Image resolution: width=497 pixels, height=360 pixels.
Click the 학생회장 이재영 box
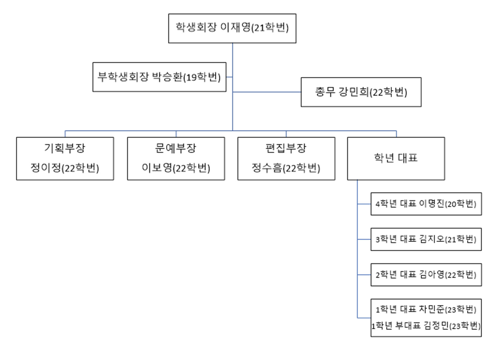coord(232,28)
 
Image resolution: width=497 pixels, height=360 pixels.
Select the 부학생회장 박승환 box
coord(159,77)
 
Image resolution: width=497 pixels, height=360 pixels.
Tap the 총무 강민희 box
coord(361,92)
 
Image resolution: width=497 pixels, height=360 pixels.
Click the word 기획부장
coord(65,148)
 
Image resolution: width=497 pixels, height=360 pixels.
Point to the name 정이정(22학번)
coord(65,168)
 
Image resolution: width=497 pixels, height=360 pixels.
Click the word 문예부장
coord(176,148)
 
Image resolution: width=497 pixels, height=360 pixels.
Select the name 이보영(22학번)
coord(176,168)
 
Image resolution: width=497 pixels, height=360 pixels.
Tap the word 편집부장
coord(286,148)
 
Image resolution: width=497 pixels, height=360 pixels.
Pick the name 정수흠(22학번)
coord(286,168)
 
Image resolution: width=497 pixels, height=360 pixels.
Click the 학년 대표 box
coord(396,158)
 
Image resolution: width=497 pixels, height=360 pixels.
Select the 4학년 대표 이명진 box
coord(426,204)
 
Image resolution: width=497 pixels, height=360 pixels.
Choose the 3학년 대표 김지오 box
coord(426,239)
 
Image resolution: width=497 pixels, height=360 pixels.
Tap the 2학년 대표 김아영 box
coord(426,275)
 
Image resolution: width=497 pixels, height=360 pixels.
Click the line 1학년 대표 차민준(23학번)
coord(426,309)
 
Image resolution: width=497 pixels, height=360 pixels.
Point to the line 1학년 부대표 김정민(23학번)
coord(426,326)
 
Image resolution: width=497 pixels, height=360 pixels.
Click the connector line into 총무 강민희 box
coord(267,92)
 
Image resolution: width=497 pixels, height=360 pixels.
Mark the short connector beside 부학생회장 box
coord(229,77)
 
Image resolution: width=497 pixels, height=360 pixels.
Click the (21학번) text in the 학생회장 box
coord(270,28)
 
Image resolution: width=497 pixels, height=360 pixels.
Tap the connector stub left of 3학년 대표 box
coord(364,239)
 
